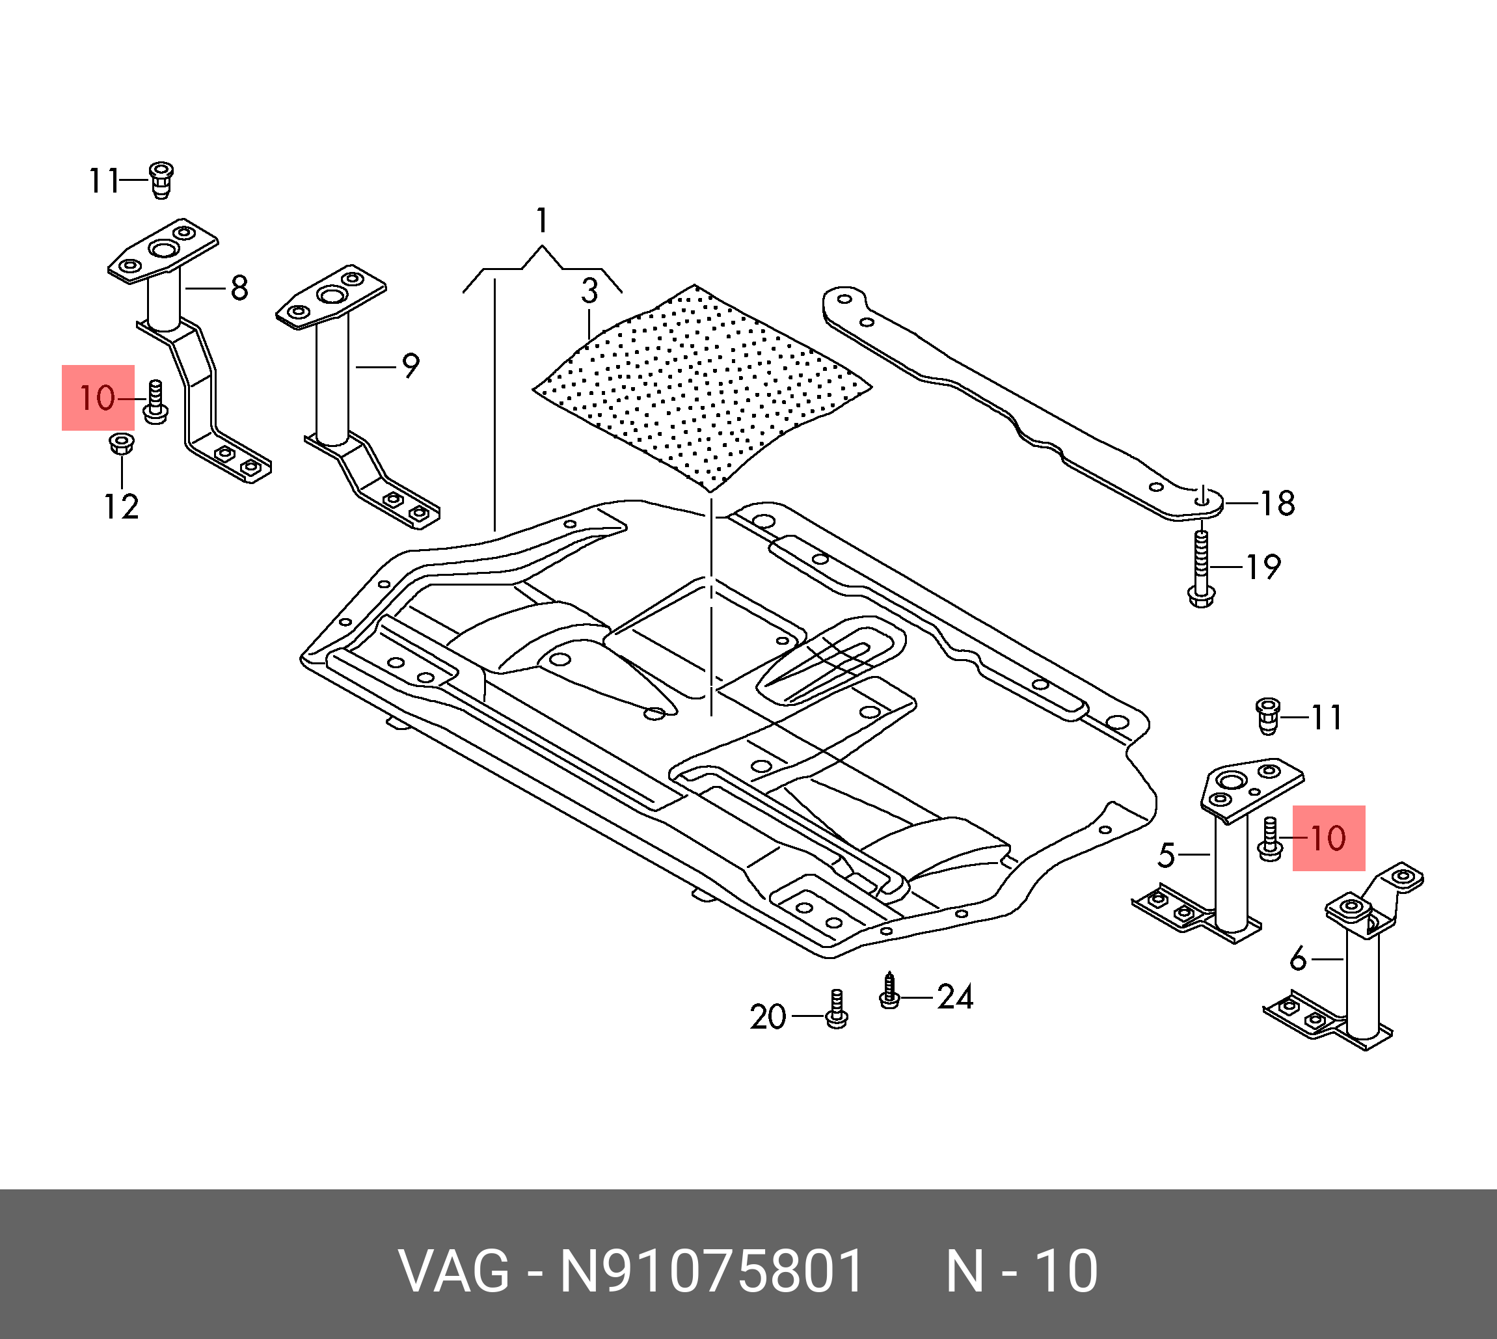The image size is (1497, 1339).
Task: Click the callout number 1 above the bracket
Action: [542, 221]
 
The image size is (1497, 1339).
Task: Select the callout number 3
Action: [589, 291]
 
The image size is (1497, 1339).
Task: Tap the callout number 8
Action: [239, 288]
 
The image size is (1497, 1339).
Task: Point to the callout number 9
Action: [411, 366]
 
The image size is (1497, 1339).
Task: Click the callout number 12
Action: [122, 507]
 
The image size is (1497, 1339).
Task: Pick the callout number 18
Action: [1278, 504]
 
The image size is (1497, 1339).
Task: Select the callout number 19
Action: [1263, 567]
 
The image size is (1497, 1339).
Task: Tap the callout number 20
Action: [768, 1018]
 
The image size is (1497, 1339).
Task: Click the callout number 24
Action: [955, 997]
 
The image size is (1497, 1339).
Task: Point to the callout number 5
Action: [1166, 855]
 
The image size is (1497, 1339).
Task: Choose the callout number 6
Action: [1299, 960]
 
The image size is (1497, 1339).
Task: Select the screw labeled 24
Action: [889, 991]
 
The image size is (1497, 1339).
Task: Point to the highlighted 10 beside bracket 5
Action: [1328, 838]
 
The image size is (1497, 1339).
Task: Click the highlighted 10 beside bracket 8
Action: [98, 398]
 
